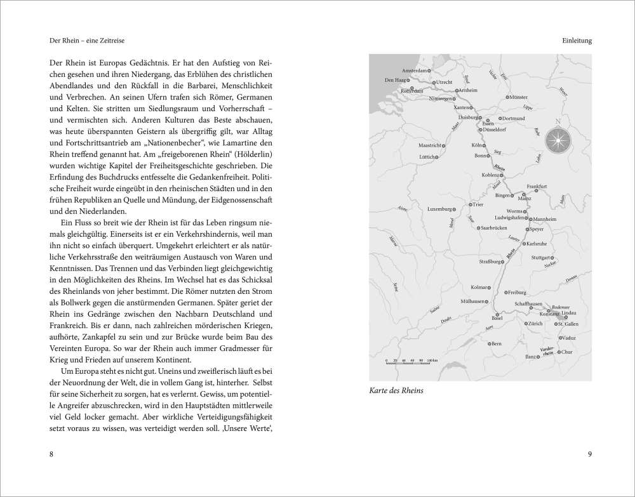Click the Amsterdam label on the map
pos(415,70)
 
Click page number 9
pos(589,454)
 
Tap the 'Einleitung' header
pos(577,41)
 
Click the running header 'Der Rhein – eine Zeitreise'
pos(86,41)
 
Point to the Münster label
pos(518,97)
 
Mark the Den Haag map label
pos(396,81)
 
